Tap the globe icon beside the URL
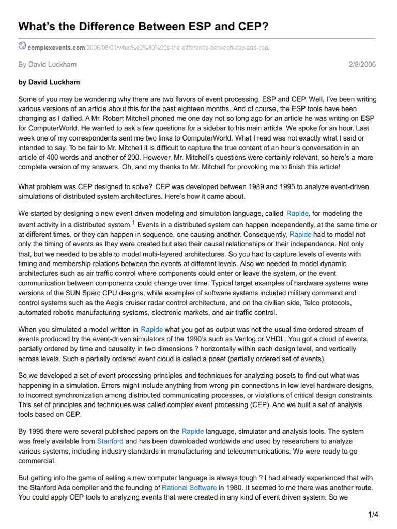click(x=22, y=46)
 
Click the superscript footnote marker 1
click(x=133, y=223)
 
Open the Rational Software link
click(x=189, y=487)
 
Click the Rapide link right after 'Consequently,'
click(x=300, y=234)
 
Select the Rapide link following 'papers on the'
click(x=192, y=431)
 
